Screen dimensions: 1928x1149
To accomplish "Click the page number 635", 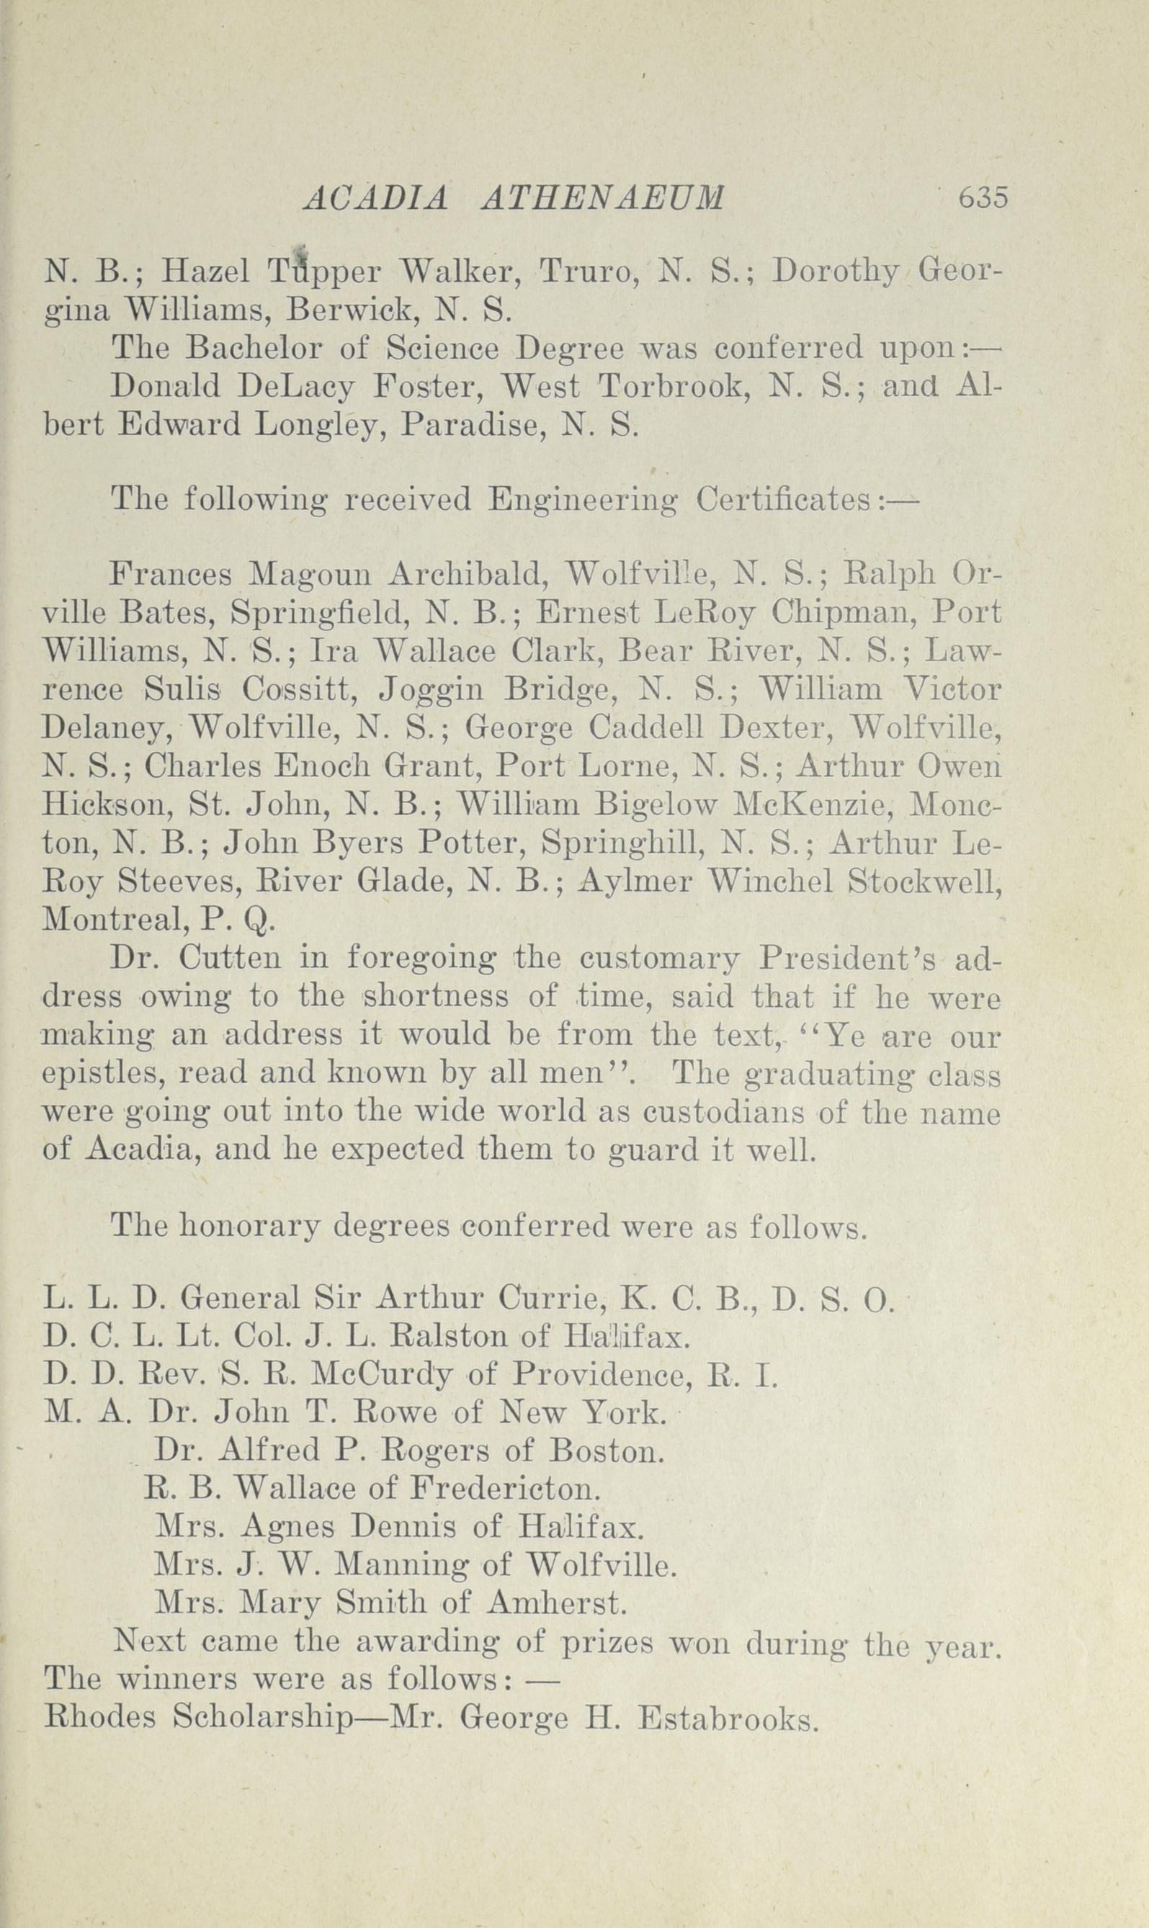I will click(x=983, y=198).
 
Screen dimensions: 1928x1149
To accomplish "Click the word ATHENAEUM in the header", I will click(x=603, y=199).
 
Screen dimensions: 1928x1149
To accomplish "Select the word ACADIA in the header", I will click(x=377, y=199).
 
